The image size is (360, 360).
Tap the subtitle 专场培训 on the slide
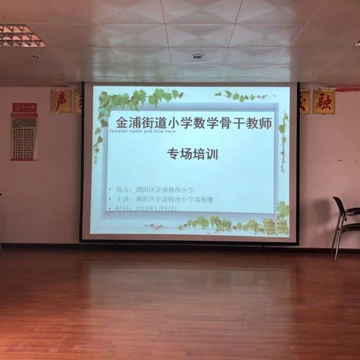point(192,154)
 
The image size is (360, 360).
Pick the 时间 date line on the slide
point(147,208)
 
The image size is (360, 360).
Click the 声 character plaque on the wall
point(61,100)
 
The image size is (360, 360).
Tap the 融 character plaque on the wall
point(324,101)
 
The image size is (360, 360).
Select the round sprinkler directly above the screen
point(197,57)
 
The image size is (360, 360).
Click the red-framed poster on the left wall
point(24,136)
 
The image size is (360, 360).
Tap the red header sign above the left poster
point(24,108)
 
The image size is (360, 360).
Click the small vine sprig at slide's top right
point(240,96)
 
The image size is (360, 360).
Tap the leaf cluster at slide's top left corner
point(112,101)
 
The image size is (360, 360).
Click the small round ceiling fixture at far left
point(34,56)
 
